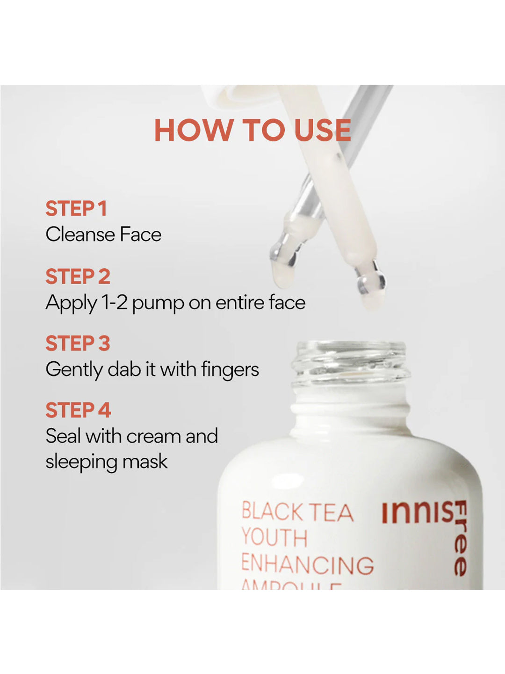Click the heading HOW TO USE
pyautogui.click(x=252, y=130)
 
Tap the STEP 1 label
pyautogui.click(x=76, y=209)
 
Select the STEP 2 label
pyautogui.click(x=78, y=277)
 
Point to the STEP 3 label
pyautogui.click(x=78, y=344)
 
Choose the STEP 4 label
pyautogui.click(x=78, y=410)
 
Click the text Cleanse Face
pyautogui.click(x=103, y=234)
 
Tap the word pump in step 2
pyautogui.click(x=158, y=303)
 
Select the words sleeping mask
pyautogui.click(x=106, y=462)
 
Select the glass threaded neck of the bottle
pyautogui.click(x=351, y=363)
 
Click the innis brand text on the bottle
pyautogui.click(x=417, y=513)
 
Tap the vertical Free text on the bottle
pyautogui.click(x=461, y=538)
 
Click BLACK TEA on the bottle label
pyautogui.click(x=297, y=512)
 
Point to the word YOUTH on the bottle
pyautogui.click(x=274, y=537)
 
